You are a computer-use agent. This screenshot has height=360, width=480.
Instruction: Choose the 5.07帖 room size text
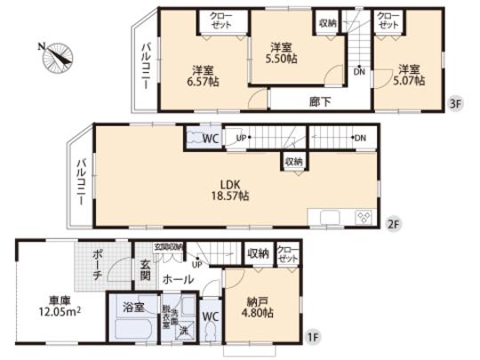click(x=409, y=75)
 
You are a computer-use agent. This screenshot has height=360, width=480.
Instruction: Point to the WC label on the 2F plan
click(x=209, y=139)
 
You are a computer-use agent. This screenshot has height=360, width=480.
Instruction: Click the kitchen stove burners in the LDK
click(x=363, y=218)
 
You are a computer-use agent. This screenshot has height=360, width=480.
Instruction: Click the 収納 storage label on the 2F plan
click(x=293, y=162)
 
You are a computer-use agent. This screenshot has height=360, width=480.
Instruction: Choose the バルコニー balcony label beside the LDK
click(x=80, y=181)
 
